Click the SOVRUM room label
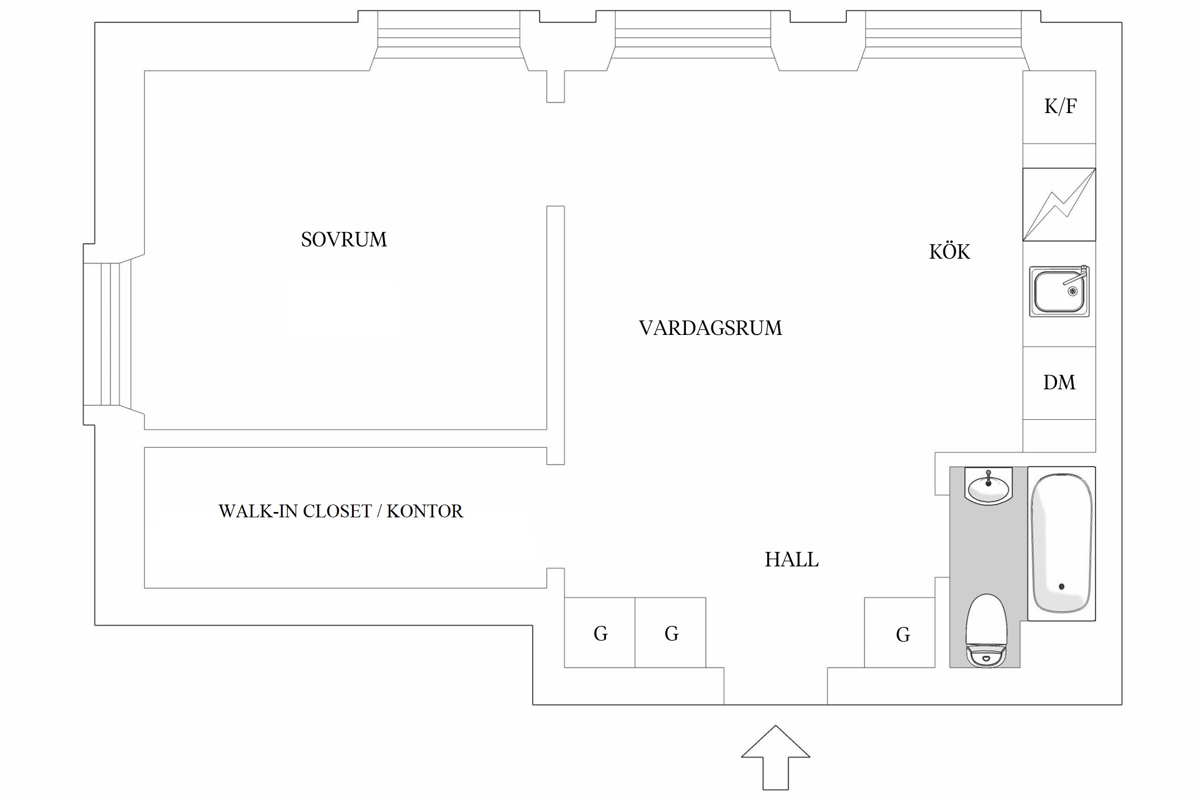click(x=344, y=239)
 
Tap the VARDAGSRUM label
click(x=710, y=328)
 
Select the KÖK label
click(x=949, y=251)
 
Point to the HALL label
click(x=791, y=559)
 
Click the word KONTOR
click(x=425, y=511)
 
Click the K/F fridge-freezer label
click(x=1060, y=107)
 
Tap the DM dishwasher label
click(x=1059, y=382)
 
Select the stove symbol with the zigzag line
click(x=1059, y=205)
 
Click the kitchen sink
click(x=1059, y=291)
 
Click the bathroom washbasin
click(x=988, y=486)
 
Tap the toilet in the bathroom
click(x=986, y=630)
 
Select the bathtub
click(x=1061, y=543)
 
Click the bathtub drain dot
click(x=1061, y=587)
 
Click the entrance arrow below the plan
click(x=775, y=757)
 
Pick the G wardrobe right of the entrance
click(x=900, y=633)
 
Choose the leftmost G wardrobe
click(x=599, y=633)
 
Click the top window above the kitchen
click(x=943, y=41)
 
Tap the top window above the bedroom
click(x=449, y=41)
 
